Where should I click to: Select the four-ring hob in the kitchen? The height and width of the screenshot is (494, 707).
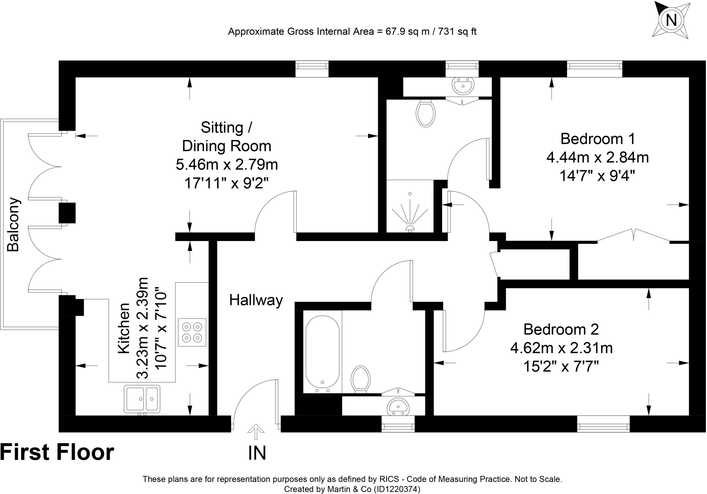coord(192,332)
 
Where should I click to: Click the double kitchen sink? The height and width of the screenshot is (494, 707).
coord(142,399)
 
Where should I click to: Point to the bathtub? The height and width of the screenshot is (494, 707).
coord(322,352)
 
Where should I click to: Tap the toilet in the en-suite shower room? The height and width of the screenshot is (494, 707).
coord(426,113)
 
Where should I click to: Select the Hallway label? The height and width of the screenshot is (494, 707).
coord(256,300)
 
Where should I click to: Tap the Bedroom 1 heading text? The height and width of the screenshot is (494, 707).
coord(598,139)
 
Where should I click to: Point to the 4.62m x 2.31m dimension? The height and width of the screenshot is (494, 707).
coord(561,348)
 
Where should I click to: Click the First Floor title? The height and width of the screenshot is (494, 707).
coord(57,452)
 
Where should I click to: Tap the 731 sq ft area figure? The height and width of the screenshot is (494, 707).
coord(457,32)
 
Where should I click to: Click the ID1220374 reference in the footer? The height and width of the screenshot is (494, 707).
coord(397,489)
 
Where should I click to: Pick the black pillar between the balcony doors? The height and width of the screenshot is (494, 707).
coord(67,213)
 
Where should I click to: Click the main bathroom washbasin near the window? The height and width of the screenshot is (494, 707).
coord(399,406)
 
